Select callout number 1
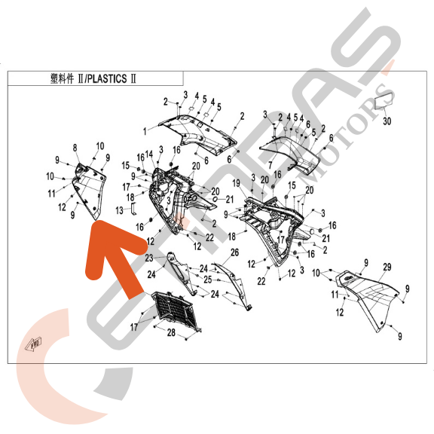pos(145,131)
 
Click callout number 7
pos(269,164)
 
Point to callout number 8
pos(75,147)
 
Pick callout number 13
pos(118,209)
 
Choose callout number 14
pos(149,154)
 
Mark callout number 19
pos(236,183)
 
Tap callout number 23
pos(150,258)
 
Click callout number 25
pos(209,279)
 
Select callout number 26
pos(234,252)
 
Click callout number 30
pos(387,121)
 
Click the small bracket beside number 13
pos(133,206)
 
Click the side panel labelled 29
pos(369,298)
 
